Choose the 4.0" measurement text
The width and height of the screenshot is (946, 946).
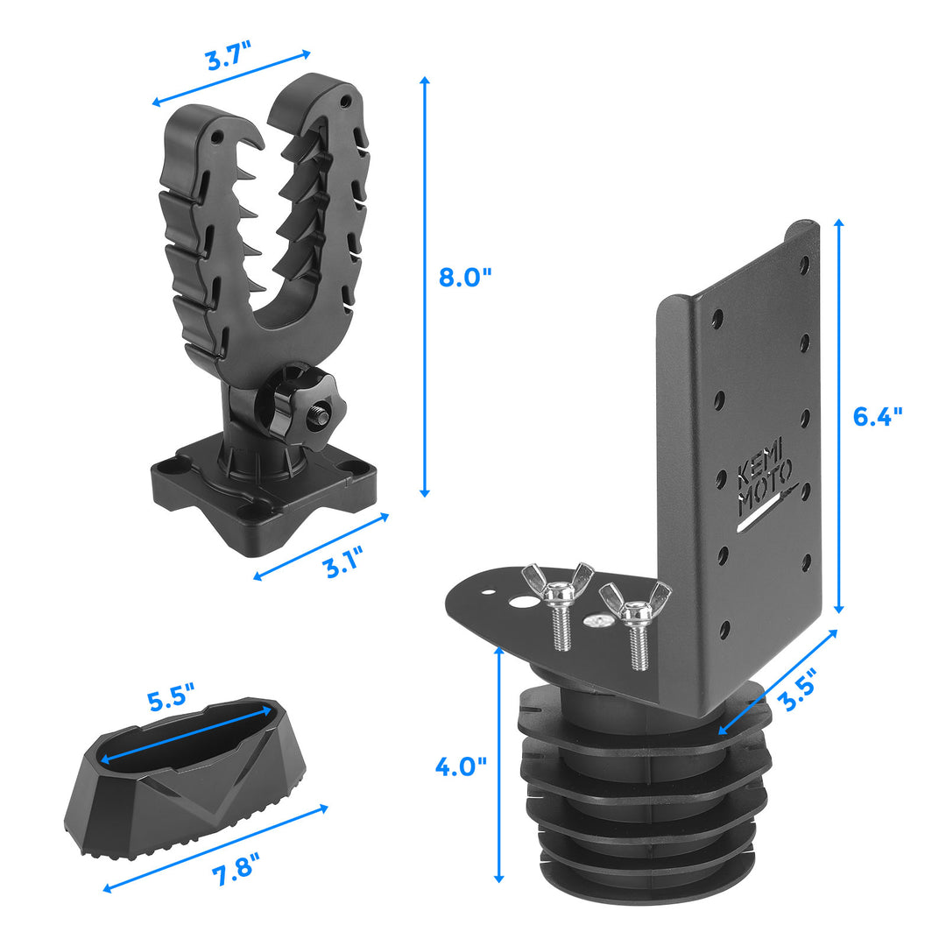click(461, 766)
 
